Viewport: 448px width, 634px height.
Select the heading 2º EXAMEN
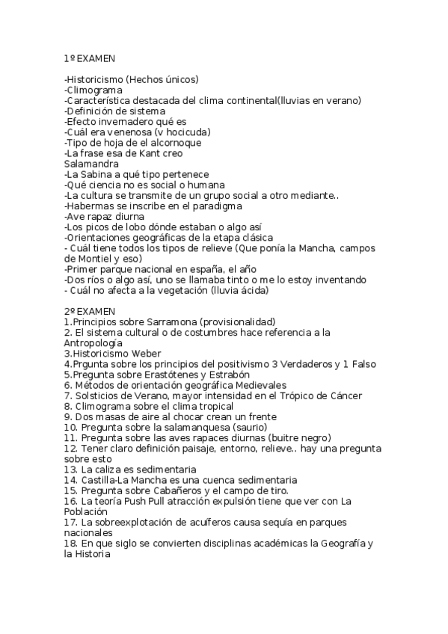(90, 311)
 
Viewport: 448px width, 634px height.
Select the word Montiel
(105, 258)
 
